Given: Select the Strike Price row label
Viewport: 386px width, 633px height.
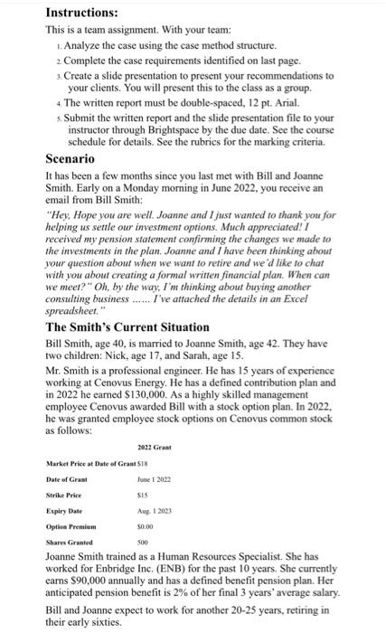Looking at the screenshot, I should point(64,495).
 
